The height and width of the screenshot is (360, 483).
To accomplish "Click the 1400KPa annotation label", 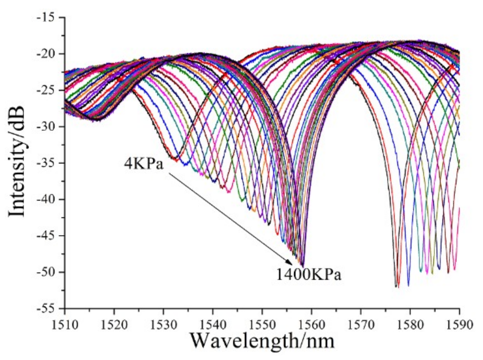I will (309, 275).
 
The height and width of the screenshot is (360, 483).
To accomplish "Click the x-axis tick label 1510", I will (64, 324).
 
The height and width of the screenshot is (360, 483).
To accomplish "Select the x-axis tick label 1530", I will (163, 324).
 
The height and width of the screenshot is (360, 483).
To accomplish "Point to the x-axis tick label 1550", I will (262, 324).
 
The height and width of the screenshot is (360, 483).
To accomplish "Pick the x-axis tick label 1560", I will (311, 324).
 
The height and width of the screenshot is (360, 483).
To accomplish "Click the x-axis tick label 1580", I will (410, 324).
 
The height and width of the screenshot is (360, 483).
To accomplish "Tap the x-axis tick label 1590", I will (459, 324).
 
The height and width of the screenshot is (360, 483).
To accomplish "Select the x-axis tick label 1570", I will (360, 324).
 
